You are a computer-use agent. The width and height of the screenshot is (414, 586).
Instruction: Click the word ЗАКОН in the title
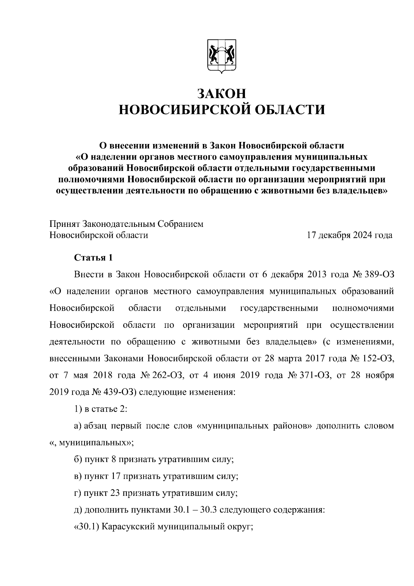(222, 94)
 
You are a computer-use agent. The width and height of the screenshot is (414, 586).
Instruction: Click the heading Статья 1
(93, 258)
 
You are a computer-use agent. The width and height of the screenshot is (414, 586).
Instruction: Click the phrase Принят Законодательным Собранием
(127, 224)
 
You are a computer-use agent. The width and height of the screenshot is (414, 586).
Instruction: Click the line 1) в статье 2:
(101, 409)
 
